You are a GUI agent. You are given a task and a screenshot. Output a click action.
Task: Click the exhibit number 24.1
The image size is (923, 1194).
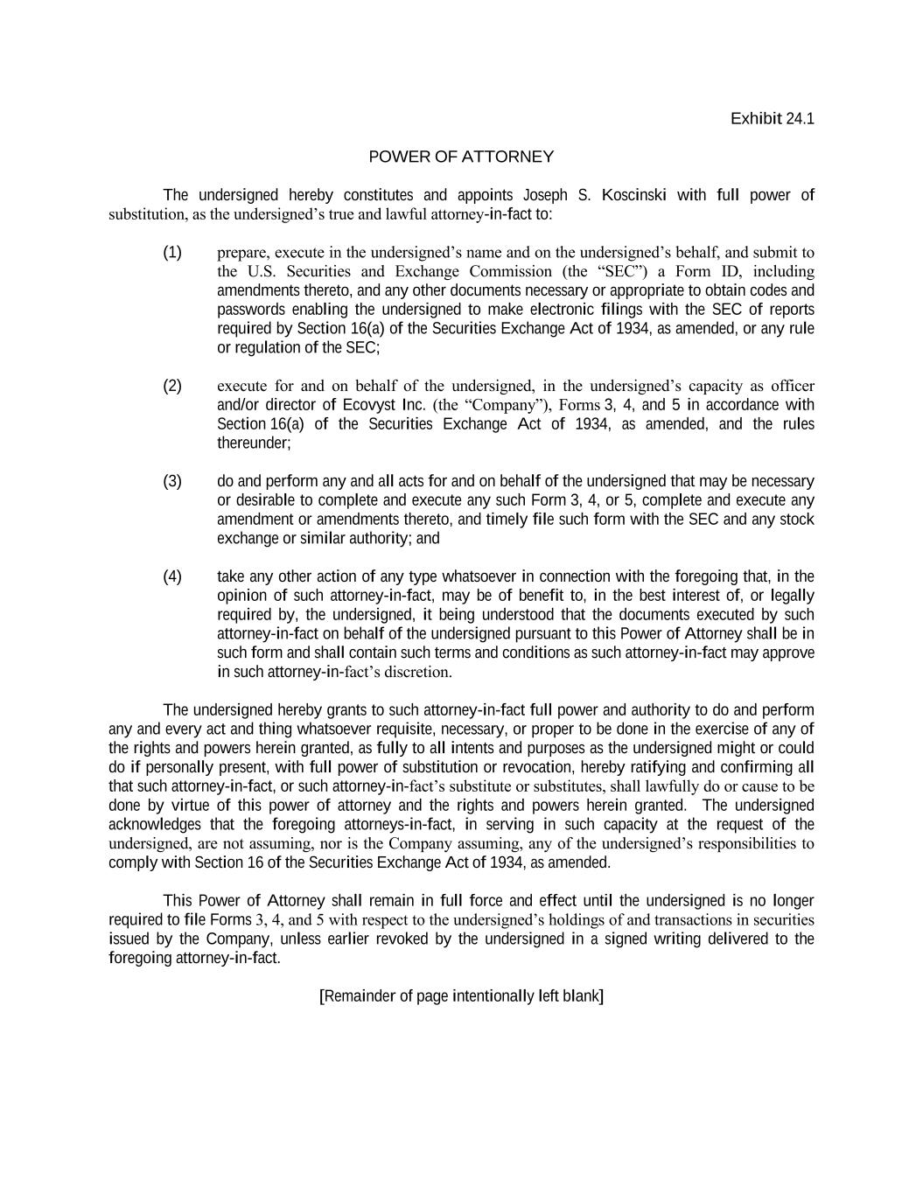pyautogui.click(x=800, y=119)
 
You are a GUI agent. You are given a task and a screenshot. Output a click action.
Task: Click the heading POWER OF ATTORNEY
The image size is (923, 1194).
pyautogui.click(x=461, y=157)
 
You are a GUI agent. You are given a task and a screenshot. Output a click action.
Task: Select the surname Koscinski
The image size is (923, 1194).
pyautogui.click(x=633, y=195)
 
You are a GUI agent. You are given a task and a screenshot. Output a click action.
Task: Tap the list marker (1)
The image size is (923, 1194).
pyautogui.click(x=172, y=253)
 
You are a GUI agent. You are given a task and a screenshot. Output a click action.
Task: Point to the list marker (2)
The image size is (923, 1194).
pyautogui.click(x=172, y=386)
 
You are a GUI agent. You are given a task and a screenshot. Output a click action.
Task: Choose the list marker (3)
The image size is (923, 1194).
pyautogui.click(x=172, y=481)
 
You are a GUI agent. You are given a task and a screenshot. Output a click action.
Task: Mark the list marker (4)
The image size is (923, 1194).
pyautogui.click(x=172, y=576)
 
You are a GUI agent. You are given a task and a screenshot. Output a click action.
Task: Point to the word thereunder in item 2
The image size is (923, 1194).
pyautogui.click(x=253, y=443)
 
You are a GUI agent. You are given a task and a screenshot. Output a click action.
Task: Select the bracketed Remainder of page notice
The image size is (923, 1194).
pyautogui.click(x=461, y=996)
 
